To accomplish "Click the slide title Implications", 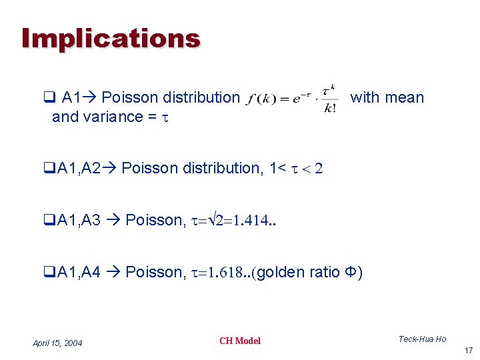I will pos(110,38).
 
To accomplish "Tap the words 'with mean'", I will pos(387,97).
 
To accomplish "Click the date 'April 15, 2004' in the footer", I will pos(57,343).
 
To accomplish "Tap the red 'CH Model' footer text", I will pos(240,341).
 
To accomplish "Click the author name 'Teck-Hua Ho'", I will pos(422,339).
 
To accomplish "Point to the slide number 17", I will pos(467,351).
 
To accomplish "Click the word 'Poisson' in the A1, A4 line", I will pos(153,272).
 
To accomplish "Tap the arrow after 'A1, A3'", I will pos(114,220).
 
